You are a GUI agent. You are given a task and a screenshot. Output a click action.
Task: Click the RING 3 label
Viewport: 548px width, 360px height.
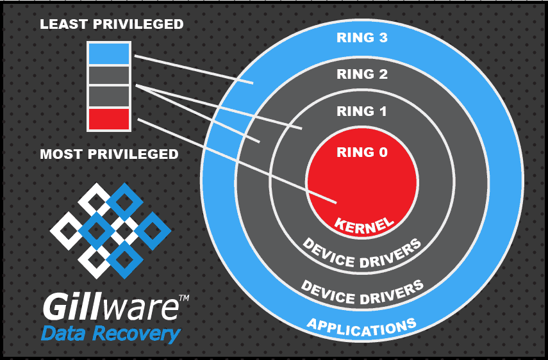tap(362, 37)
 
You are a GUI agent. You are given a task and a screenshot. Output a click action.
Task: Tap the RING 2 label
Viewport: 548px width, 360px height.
tap(362, 74)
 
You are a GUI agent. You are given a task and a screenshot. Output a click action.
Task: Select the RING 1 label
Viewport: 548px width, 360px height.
tap(362, 111)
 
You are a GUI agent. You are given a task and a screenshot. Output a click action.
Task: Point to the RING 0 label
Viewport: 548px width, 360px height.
tap(362, 152)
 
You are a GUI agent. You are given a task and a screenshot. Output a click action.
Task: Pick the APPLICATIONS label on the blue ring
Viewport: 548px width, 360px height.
tap(362, 327)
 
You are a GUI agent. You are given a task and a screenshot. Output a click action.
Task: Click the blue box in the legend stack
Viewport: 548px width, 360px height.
tap(109, 54)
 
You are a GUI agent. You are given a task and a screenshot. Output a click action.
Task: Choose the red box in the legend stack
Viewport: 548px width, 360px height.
tap(109, 119)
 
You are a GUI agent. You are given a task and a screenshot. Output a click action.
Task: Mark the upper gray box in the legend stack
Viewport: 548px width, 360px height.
tap(109, 76)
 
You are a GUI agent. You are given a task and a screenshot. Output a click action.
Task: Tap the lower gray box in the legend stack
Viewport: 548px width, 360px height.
tap(109, 97)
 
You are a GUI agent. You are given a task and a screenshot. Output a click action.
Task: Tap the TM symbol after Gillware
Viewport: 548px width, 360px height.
tap(183, 299)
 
